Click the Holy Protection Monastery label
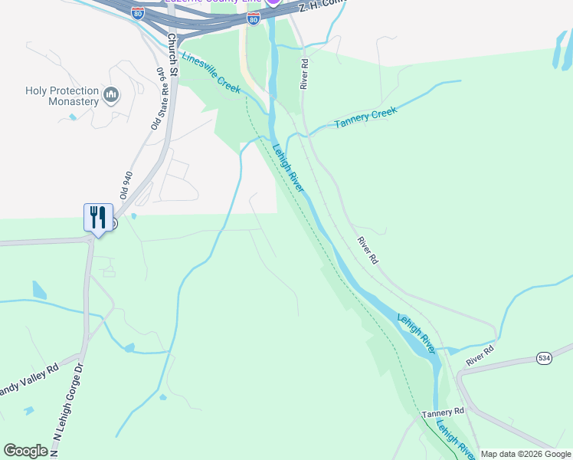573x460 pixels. pyautogui.click(x=61, y=96)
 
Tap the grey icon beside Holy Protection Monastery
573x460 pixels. pyautogui.click(x=111, y=94)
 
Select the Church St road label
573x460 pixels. pyautogui.click(x=172, y=54)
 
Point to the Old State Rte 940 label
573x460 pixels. pyautogui.click(x=159, y=98)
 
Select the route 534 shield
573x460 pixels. pyautogui.click(x=544, y=359)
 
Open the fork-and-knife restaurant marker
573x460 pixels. pyautogui.click(x=98, y=217)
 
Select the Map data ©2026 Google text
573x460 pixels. pyautogui.click(x=526, y=454)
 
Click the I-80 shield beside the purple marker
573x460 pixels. pyautogui.click(x=253, y=16)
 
